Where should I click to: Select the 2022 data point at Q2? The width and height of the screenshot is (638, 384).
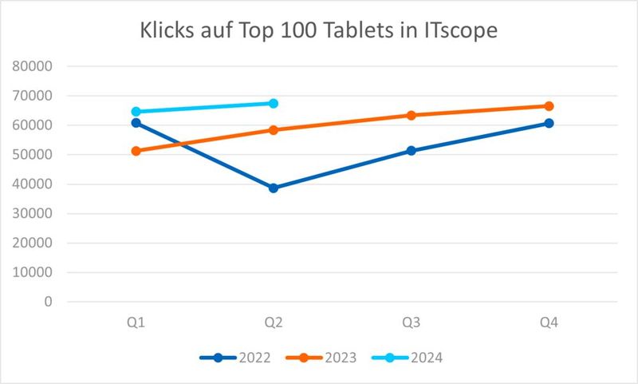click(x=274, y=188)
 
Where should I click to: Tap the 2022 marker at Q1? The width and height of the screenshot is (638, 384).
click(x=136, y=123)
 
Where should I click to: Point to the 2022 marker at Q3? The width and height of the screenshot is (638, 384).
click(x=412, y=150)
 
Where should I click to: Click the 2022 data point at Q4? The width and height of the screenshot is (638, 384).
click(x=549, y=123)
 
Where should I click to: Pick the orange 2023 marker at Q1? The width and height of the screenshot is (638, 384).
click(x=136, y=151)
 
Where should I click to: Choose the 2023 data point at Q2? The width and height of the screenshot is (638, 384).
click(x=274, y=130)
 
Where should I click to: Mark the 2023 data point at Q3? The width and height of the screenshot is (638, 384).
click(x=412, y=115)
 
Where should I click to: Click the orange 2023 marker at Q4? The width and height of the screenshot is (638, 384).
click(x=549, y=106)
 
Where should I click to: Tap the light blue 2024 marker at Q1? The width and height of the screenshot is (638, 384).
click(x=136, y=112)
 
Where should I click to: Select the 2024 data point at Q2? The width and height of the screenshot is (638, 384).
click(x=274, y=103)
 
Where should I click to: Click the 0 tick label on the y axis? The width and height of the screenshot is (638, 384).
click(x=49, y=302)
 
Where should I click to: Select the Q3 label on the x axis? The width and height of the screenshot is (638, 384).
click(x=412, y=323)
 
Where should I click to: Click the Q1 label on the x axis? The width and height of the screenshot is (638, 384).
click(x=136, y=323)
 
